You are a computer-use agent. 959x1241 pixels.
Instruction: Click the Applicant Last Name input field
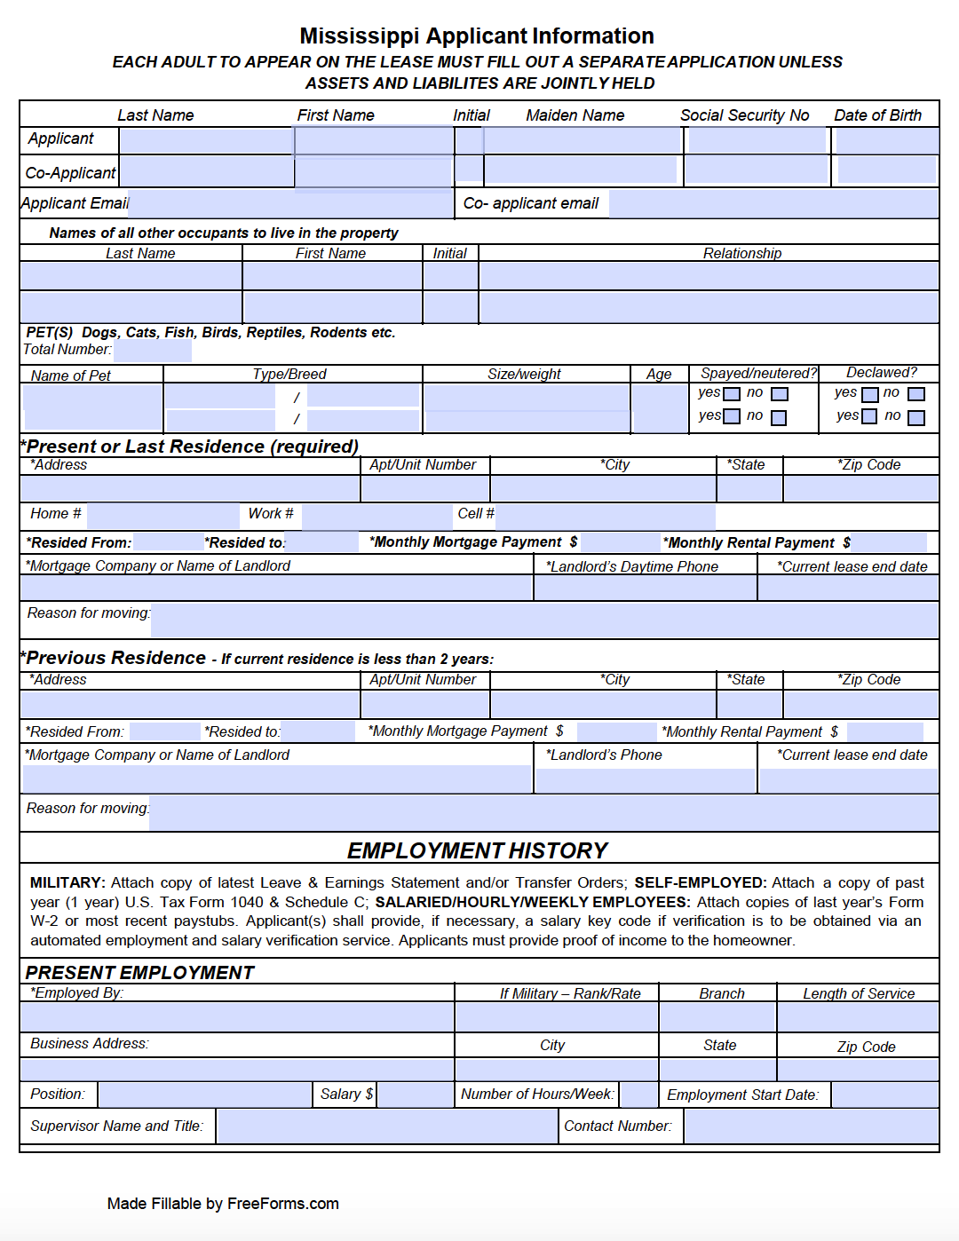point(206,140)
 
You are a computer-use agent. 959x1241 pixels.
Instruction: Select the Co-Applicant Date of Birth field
point(886,170)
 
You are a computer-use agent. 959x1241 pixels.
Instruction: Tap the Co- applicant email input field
point(773,203)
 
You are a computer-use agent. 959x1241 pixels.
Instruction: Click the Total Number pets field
point(153,350)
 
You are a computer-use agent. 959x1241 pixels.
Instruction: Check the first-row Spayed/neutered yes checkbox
point(732,394)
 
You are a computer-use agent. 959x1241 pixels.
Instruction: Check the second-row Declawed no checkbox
point(916,417)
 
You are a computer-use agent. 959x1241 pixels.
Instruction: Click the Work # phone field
point(376,515)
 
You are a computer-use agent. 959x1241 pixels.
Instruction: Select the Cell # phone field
point(605,515)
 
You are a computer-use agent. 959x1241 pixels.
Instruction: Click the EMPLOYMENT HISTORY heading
point(478,850)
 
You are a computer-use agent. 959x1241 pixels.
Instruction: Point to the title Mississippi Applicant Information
point(477,36)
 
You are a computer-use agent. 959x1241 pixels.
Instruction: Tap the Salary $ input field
point(415,1095)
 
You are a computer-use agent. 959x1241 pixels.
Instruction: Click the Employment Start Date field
point(884,1095)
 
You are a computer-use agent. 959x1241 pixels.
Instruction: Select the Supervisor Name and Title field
point(386,1126)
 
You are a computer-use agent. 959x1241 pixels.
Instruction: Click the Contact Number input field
point(811,1126)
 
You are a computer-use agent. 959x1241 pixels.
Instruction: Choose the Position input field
point(204,1095)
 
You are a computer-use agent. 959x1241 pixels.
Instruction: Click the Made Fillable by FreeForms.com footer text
point(223,1204)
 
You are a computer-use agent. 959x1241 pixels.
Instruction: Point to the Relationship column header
point(742,253)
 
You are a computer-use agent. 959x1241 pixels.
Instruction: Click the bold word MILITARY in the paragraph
point(67,882)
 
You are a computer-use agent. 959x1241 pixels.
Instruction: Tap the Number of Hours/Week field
point(638,1095)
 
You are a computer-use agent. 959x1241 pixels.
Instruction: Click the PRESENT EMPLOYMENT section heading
point(139,972)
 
